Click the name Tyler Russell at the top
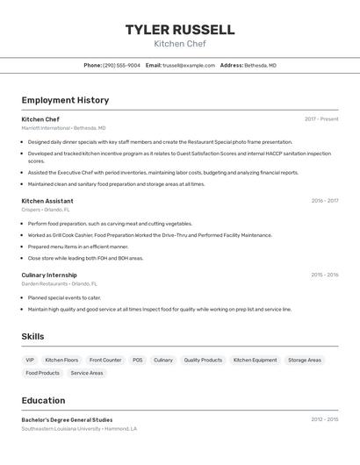click(179, 30)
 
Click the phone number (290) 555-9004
click(121, 65)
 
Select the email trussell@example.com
click(189, 65)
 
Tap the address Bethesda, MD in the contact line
click(260, 65)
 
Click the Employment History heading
click(65, 100)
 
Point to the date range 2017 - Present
click(321, 119)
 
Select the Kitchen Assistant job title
click(47, 201)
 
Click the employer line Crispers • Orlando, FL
click(46, 210)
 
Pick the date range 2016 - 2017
click(324, 201)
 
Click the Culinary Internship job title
click(49, 275)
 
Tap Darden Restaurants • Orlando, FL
click(60, 284)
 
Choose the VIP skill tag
click(30, 360)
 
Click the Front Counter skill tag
click(105, 360)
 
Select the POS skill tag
click(138, 360)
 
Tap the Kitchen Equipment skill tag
click(255, 360)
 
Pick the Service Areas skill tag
click(87, 373)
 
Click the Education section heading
click(43, 400)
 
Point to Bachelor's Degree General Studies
click(67, 419)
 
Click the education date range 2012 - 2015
click(324, 419)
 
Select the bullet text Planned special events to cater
click(64, 297)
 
